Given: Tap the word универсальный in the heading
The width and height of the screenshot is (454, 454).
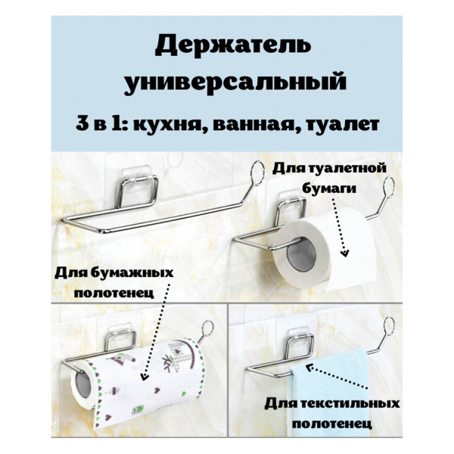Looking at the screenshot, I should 233,82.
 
